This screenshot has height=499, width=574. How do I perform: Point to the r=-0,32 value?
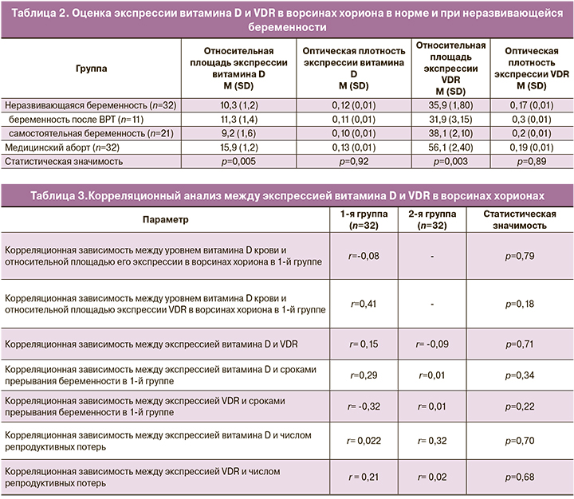tap(360, 406)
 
